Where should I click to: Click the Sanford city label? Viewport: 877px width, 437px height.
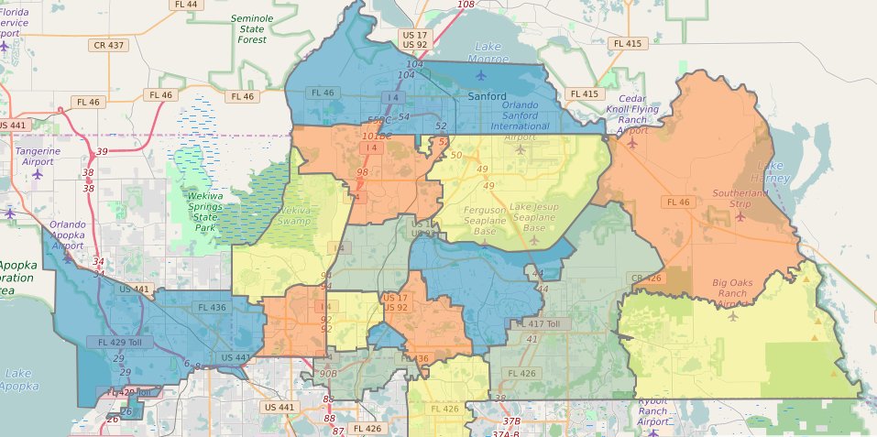tap(487, 95)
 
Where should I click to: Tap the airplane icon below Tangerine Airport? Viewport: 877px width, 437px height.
tap(38, 173)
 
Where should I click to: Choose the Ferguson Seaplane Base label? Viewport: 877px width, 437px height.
tap(475, 221)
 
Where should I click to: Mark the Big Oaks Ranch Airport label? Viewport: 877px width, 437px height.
tap(739, 293)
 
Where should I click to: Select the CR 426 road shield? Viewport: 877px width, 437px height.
tap(645, 278)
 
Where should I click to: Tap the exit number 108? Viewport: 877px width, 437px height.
tap(466, 5)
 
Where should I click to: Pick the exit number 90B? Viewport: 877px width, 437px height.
tap(327, 374)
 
